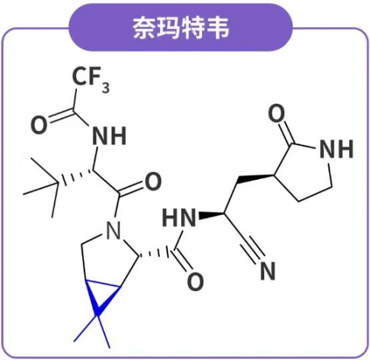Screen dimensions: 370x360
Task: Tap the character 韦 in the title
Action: click(x=217, y=27)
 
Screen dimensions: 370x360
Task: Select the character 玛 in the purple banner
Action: click(x=169, y=27)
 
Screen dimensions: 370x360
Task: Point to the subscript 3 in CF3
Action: click(x=106, y=87)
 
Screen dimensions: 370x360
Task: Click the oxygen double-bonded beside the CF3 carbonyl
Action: click(x=38, y=125)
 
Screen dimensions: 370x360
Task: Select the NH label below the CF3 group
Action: click(x=110, y=136)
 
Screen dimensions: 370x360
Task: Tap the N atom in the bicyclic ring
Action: click(x=113, y=230)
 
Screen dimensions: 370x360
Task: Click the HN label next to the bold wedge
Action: click(x=179, y=218)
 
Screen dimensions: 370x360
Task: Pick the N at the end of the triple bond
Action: click(x=268, y=270)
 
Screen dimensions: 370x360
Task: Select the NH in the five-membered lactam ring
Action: click(x=336, y=149)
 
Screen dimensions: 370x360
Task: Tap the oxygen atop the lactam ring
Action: click(x=276, y=113)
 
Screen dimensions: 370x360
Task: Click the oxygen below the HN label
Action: click(x=195, y=281)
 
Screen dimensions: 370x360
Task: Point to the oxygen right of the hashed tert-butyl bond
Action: click(x=153, y=181)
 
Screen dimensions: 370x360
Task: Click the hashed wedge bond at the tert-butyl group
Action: click(x=75, y=176)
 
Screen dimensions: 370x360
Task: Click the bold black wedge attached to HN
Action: click(x=212, y=215)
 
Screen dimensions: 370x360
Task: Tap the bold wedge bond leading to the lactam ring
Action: click(x=256, y=179)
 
